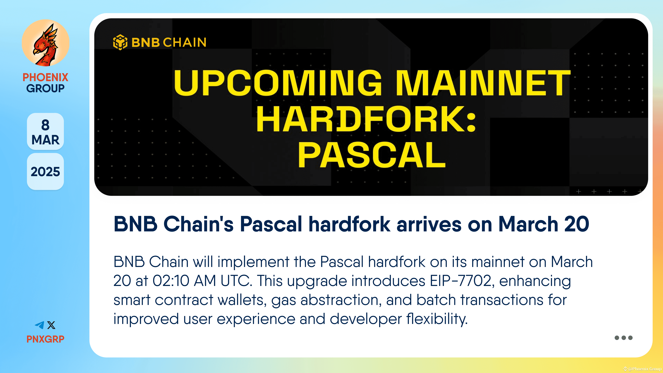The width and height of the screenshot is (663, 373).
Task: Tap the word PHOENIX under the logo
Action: click(45, 77)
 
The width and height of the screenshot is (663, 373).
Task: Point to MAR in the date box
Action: click(45, 140)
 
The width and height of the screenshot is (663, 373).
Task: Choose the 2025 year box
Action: click(45, 172)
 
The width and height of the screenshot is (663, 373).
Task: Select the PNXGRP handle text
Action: click(45, 339)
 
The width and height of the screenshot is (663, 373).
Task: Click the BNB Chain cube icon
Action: click(120, 42)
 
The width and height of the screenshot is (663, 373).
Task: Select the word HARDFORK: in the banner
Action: click(366, 119)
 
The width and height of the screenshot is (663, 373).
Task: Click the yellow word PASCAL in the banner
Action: click(372, 155)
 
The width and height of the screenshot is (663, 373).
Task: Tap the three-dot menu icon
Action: click(623, 338)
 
